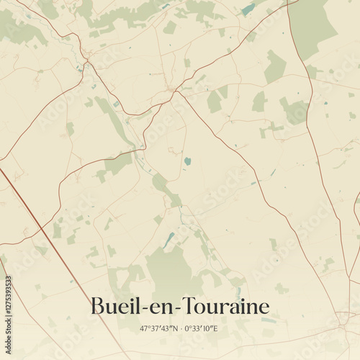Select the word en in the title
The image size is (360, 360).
point(158,308)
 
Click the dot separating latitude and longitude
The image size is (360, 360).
point(179,329)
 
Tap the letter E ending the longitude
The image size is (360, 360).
point(215,329)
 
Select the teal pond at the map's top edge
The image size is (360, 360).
point(248,9)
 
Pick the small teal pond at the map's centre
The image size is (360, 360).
point(188,161)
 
